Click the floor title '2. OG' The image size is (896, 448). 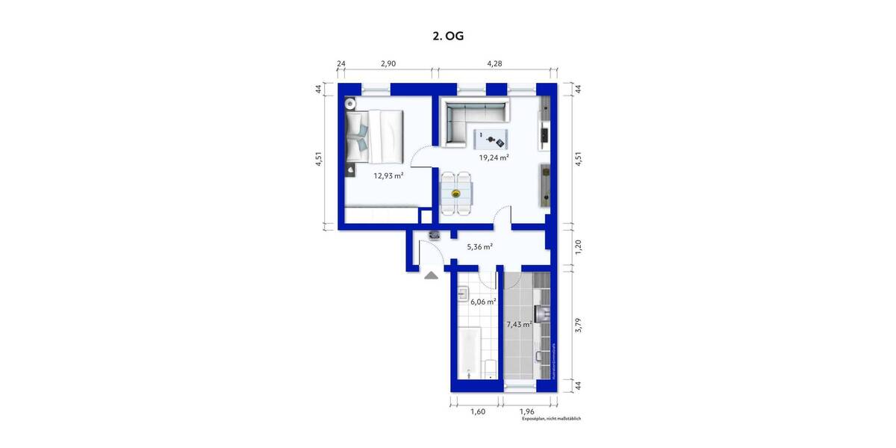(x=448, y=34)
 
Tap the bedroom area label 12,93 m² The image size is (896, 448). (x=388, y=175)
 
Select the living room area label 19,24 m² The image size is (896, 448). (x=494, y=158)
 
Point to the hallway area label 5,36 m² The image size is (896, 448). (x=479, y=246)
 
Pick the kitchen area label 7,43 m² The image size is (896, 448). (x=518, y=325)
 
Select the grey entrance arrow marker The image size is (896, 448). (x=432, y=276)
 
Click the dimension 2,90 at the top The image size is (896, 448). (x=388, y=64)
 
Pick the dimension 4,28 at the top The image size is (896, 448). (x=494, y=64)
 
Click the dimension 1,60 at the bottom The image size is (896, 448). (x=478, y=410)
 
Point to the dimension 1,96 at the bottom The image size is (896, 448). (x=528, y=410)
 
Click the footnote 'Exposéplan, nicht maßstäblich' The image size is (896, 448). (x=551, y=419)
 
